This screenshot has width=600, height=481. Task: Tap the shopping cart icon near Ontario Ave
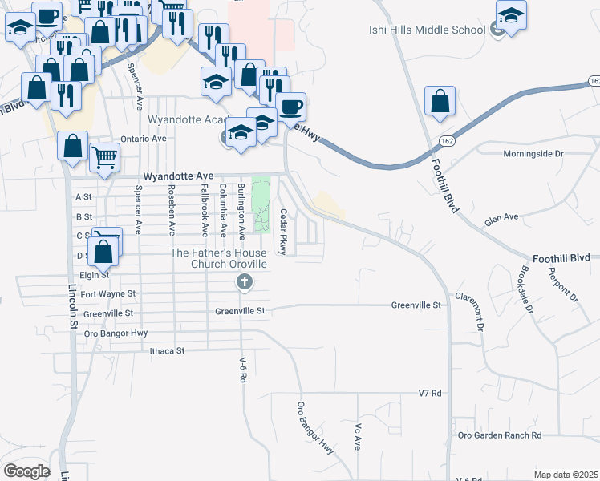(104, 156)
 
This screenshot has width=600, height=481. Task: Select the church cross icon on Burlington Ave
(245, 281)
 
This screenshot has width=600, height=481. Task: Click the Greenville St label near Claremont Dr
(416, 305)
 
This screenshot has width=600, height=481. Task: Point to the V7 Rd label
(431, 394)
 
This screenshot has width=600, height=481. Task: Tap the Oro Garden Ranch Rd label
(500, 435)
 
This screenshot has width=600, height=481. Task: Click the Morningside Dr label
(533, 153)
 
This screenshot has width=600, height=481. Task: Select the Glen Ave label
(502, 217)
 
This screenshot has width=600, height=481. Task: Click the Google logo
(26, 471)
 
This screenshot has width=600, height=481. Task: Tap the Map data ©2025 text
(566, 475)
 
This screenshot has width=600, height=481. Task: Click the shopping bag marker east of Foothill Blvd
(440, 101)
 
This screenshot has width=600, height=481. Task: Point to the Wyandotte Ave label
(178, 176)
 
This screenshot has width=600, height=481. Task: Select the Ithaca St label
(168, 351)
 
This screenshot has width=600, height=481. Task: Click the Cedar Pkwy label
(283, 231)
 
